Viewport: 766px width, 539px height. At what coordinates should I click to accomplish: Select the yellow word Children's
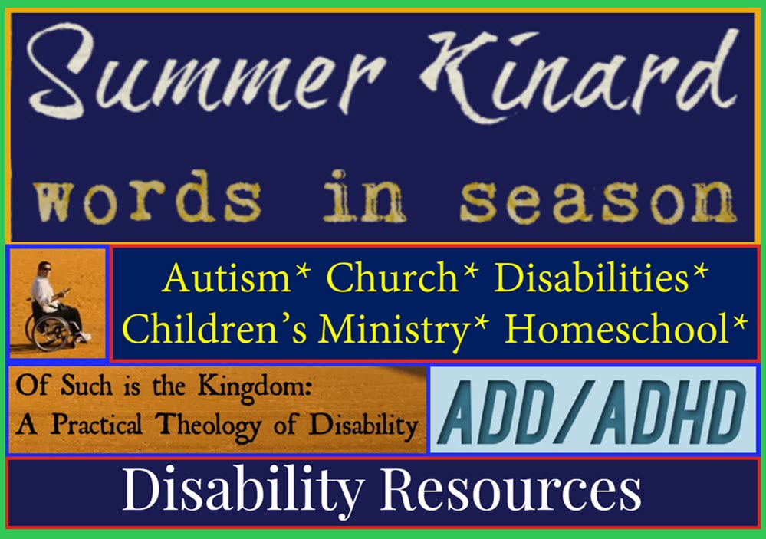click(215, 328)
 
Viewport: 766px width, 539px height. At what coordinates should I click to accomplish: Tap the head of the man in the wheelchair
click(44, 268)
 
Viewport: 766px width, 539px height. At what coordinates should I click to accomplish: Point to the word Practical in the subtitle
click(97, 424)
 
